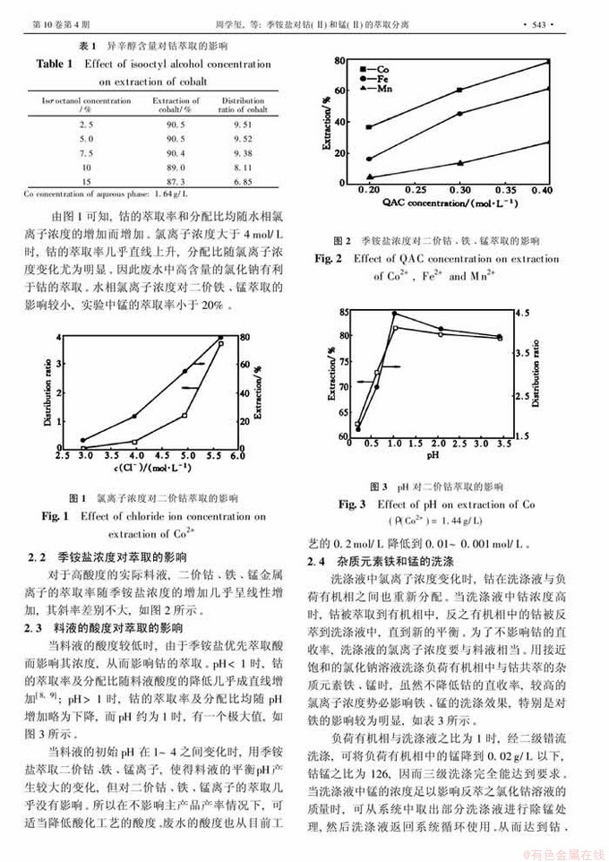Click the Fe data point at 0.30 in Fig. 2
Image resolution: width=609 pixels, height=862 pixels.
coord(460,114)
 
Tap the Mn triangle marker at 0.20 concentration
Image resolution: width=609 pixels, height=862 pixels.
coord(369,177)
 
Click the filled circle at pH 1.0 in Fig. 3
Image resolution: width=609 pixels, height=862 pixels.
coord(395,314)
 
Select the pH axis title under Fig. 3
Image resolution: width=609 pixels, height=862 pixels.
coord(432,455)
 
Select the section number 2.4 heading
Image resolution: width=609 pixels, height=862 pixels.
coord(318,561)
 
